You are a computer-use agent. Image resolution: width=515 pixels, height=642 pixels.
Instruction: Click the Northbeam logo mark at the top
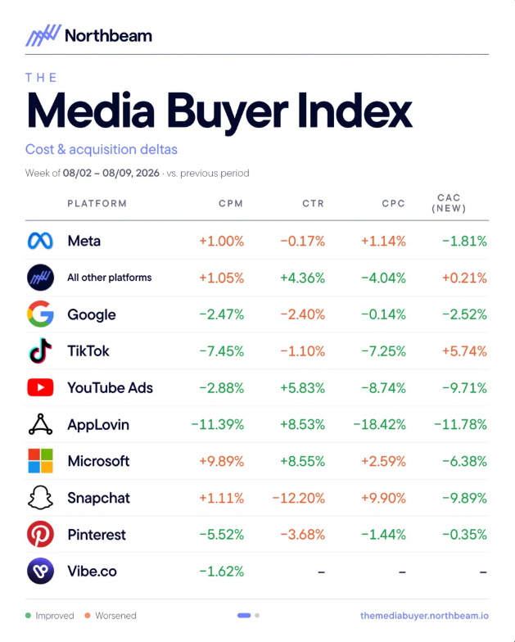43,35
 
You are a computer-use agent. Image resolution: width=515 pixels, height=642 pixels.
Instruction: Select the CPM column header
231,203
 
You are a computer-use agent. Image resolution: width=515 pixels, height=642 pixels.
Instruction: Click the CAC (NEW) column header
449,203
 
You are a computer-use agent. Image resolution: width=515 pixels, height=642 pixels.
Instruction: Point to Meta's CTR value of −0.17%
303,241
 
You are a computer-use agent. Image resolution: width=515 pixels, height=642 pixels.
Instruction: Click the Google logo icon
40,314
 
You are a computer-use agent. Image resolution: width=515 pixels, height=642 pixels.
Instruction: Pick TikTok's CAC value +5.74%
464,351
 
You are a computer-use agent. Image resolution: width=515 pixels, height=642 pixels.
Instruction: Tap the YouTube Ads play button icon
40,387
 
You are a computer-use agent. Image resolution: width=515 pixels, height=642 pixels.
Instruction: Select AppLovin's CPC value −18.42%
380,424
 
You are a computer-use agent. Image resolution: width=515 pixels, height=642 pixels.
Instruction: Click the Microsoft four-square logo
40,461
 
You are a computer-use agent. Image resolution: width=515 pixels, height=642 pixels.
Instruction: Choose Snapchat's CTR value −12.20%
298,498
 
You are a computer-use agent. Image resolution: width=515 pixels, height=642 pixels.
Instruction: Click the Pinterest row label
97,535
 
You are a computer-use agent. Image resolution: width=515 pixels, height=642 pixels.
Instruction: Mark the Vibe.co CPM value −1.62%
221,572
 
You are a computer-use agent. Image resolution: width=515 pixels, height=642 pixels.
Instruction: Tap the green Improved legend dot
28,616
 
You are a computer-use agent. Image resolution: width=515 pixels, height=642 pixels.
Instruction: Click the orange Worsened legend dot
87,616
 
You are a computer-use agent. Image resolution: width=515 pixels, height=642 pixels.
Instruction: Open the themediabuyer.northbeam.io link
424,616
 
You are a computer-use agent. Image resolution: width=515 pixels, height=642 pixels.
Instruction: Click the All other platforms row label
110,278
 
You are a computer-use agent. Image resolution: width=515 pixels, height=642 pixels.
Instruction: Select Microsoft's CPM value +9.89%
221,462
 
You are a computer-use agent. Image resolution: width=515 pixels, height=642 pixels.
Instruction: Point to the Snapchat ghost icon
40,498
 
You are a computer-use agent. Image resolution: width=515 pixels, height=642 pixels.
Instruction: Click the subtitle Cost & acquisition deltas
102,149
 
